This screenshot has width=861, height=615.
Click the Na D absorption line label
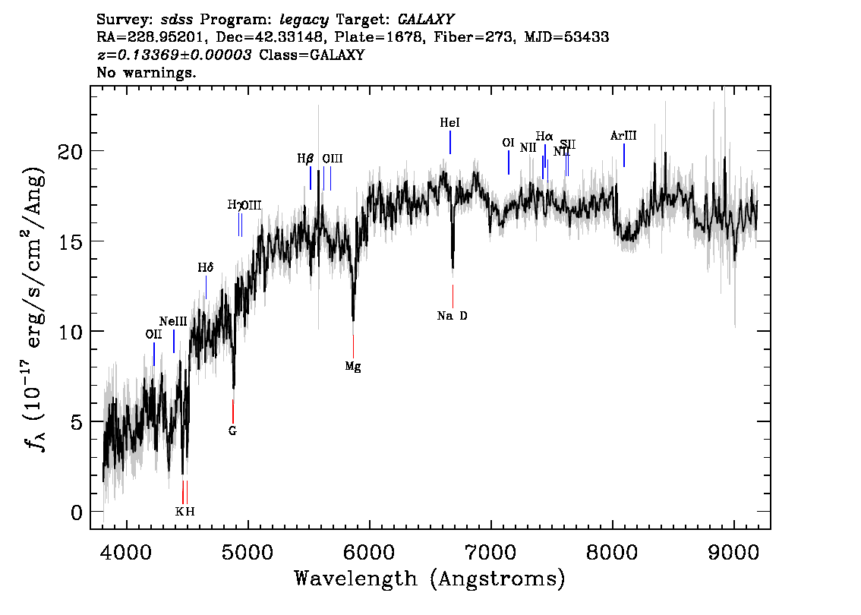pos(453,316)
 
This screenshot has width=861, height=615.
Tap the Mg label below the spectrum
pos(352,367)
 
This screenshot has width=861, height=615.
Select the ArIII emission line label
pos(623,136)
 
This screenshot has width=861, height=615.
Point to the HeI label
pos(450,122)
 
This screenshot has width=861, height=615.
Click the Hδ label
pos(206,268)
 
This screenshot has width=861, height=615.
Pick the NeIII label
pos(173,321)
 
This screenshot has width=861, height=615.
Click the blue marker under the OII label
pos(154,354)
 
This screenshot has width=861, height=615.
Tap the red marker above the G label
pos(233,411)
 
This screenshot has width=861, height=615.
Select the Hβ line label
pos(305,159)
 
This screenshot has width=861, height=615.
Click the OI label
pos(509,143)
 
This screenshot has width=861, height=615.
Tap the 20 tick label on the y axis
pos(70,151)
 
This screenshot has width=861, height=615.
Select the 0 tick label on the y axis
pos(76,512)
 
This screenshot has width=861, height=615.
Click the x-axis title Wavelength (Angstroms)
pos(430,579)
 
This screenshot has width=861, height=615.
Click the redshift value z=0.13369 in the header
pos(174,55)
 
